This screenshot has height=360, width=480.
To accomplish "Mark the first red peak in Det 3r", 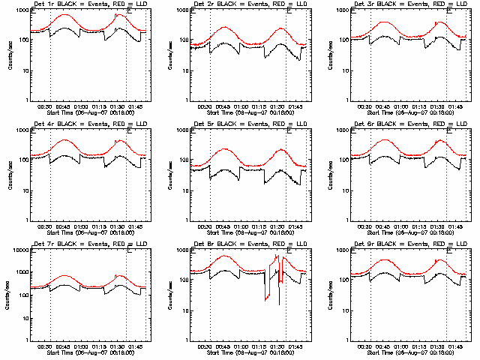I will [385, 22].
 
